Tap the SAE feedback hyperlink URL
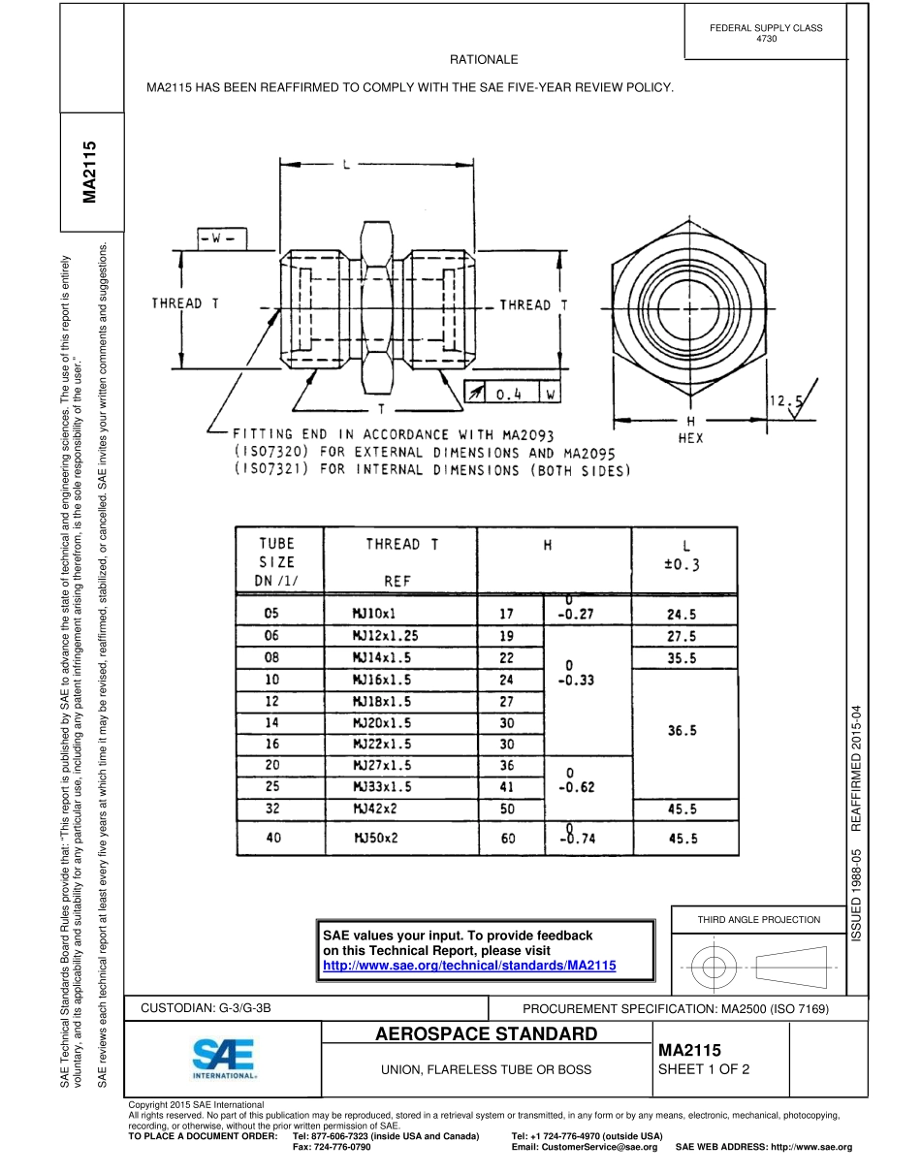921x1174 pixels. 469,966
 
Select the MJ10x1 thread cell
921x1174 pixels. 374,613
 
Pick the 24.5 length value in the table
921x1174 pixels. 683,614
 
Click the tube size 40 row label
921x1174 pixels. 273,838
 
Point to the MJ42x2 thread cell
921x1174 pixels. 374,809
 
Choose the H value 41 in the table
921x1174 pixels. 507,787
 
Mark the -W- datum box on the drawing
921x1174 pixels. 220,238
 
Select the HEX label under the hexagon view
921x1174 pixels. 690,437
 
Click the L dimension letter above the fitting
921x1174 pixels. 346,166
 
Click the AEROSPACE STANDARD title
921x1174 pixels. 486,1034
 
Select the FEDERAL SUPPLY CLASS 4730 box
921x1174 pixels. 766,33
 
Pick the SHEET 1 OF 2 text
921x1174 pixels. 704,1070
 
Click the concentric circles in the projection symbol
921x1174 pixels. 714,967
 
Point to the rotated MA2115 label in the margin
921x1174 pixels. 90,172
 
